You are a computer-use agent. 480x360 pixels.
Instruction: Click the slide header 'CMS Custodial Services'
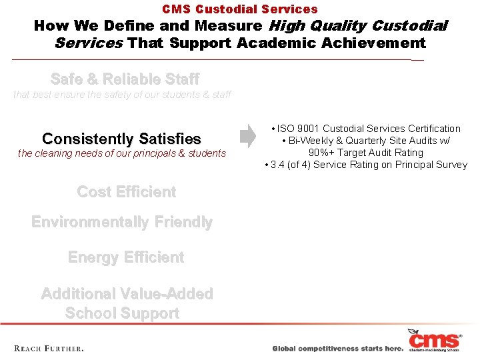click(x=240, y=9)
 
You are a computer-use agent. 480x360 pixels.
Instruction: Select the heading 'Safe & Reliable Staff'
click(x=125, y=79)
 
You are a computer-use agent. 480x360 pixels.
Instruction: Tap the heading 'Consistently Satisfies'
click(x=121, y=139)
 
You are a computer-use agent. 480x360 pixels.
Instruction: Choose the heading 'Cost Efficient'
click(x=127, y=192)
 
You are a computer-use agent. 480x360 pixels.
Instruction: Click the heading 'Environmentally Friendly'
click(x=122, y=222)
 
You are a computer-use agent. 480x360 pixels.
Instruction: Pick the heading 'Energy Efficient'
click(x=126, y=257)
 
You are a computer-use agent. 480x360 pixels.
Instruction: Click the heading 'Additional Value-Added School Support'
click(x=126, y=303)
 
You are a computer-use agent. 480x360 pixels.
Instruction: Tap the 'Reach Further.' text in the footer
click(x=49, y=348)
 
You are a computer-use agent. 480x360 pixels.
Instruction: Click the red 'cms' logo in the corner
click(x=435, y=340)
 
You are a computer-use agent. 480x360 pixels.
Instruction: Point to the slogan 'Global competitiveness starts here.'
click(x=338, y=349)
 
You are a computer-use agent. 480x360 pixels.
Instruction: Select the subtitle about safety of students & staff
click(x=122, y=95)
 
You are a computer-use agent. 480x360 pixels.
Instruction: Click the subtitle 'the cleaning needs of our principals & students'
click(x=122, y=154)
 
